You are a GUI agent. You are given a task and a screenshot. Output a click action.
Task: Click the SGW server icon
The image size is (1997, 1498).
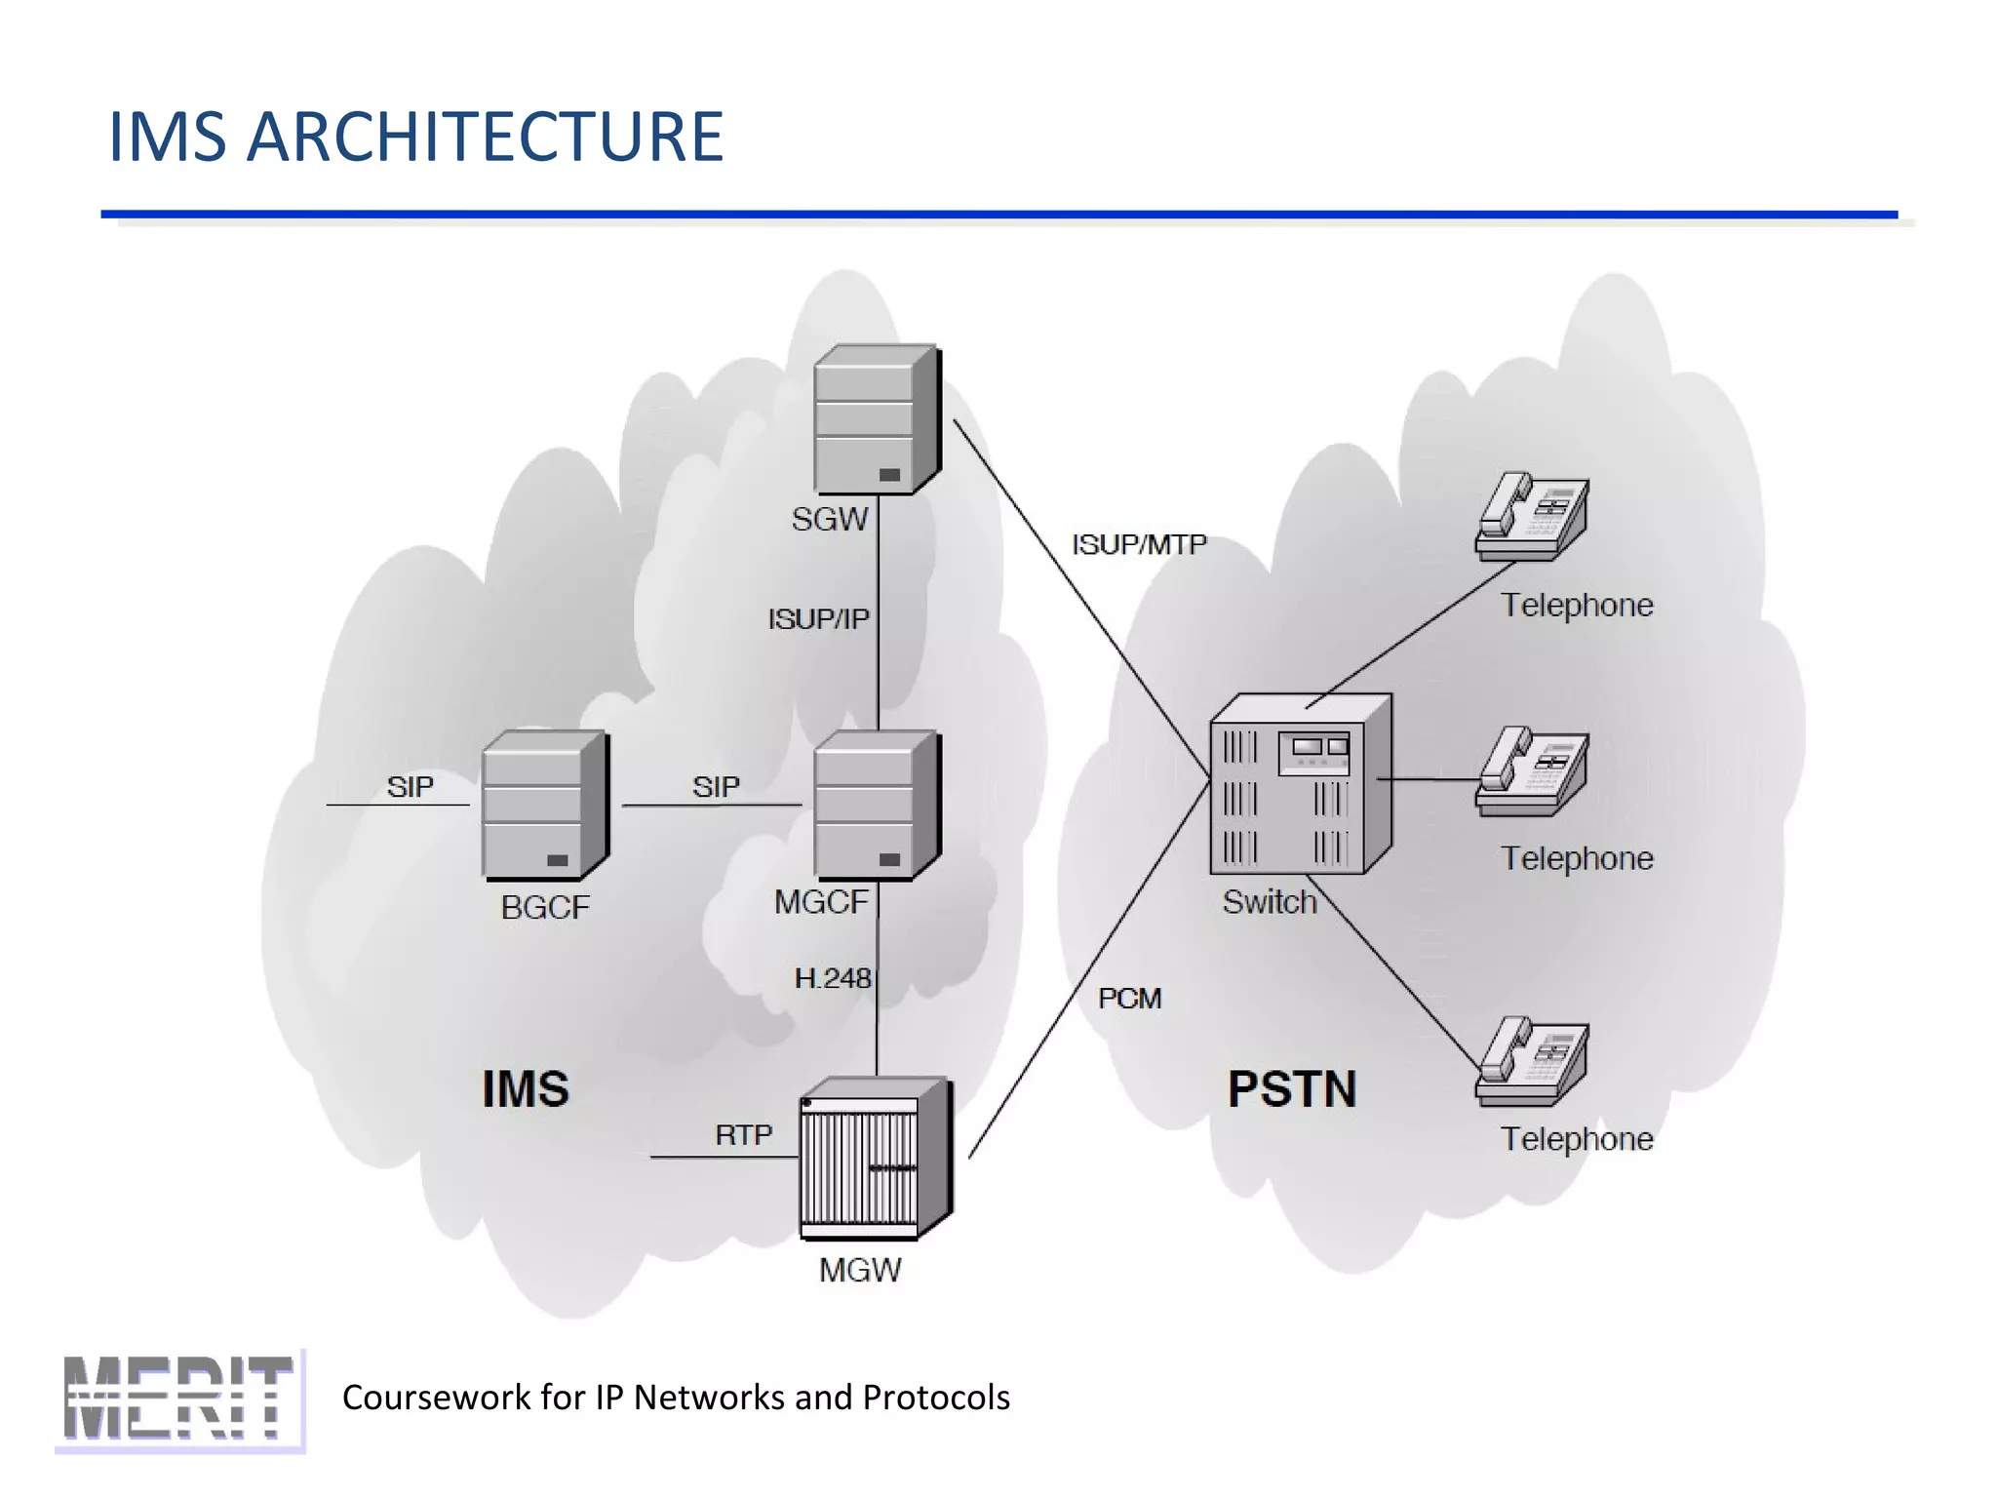[876, 420]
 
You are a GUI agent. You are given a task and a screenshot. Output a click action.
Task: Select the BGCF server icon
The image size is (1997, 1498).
[544, 806]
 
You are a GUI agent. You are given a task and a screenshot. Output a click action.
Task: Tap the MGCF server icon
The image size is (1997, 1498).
[876, 806]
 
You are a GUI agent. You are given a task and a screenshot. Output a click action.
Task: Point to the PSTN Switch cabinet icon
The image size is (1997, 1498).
[1299, 784]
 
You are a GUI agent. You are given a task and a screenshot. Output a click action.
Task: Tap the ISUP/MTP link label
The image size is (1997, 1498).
[1139, 544]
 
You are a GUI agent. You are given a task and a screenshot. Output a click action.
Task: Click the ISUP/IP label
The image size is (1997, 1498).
[817, 619]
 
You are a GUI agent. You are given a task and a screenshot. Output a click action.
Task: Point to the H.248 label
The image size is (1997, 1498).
[832, 978]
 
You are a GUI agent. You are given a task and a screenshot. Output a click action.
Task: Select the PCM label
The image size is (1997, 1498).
[1129, 999]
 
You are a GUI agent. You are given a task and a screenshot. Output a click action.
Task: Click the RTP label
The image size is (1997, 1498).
[743, 1135]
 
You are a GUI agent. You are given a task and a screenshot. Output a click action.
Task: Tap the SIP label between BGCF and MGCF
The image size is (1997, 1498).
[716, 787]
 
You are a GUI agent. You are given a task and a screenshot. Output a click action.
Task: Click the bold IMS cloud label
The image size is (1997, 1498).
[526, 1089]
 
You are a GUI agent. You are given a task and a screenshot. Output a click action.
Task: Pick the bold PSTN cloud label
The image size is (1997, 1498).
[1291, 1089]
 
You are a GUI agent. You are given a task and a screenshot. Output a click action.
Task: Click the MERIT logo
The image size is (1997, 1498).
[179, 1399]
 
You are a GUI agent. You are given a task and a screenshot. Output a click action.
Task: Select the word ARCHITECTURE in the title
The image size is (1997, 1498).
[485, 137]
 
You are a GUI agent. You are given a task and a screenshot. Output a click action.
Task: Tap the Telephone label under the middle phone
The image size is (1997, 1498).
[1576, 859]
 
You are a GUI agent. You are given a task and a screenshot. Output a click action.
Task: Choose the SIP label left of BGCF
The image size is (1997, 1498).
[410, 787]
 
